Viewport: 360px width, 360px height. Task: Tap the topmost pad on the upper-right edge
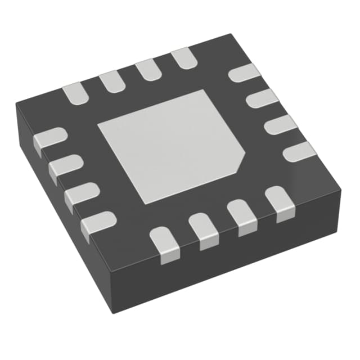(x=245, y=73)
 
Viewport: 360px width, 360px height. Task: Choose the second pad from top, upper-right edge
(x=262, y=99)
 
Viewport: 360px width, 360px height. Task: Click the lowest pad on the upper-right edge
(x=299, y=151)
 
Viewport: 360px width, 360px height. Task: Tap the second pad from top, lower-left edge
(x=65, y=166)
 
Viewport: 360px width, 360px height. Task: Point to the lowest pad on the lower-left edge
(x=98, y=223)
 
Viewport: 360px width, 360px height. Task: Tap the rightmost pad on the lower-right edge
(x=280, y=203)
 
